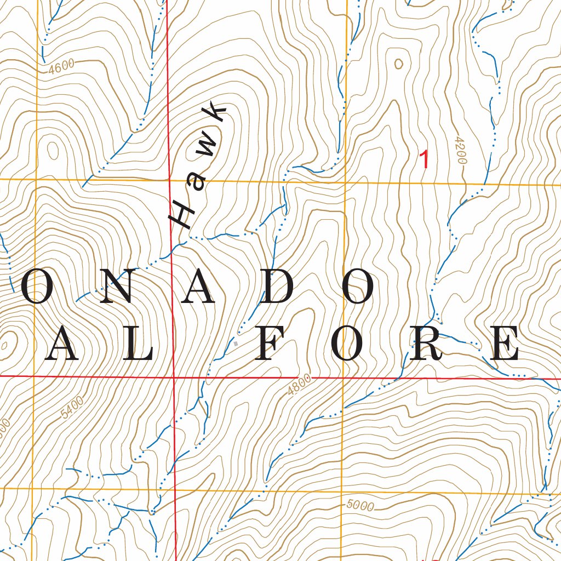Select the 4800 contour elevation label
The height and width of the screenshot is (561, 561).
coord(299,386)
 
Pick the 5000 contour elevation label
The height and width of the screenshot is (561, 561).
coord(360,506)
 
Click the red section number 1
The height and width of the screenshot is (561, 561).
coord(423,159)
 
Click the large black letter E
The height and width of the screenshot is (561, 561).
coord(503,344)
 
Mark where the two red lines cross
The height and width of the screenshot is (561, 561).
coord(173,377)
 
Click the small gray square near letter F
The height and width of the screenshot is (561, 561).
coord(236,344)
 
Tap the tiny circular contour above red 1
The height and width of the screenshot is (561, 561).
coord(398,64)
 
